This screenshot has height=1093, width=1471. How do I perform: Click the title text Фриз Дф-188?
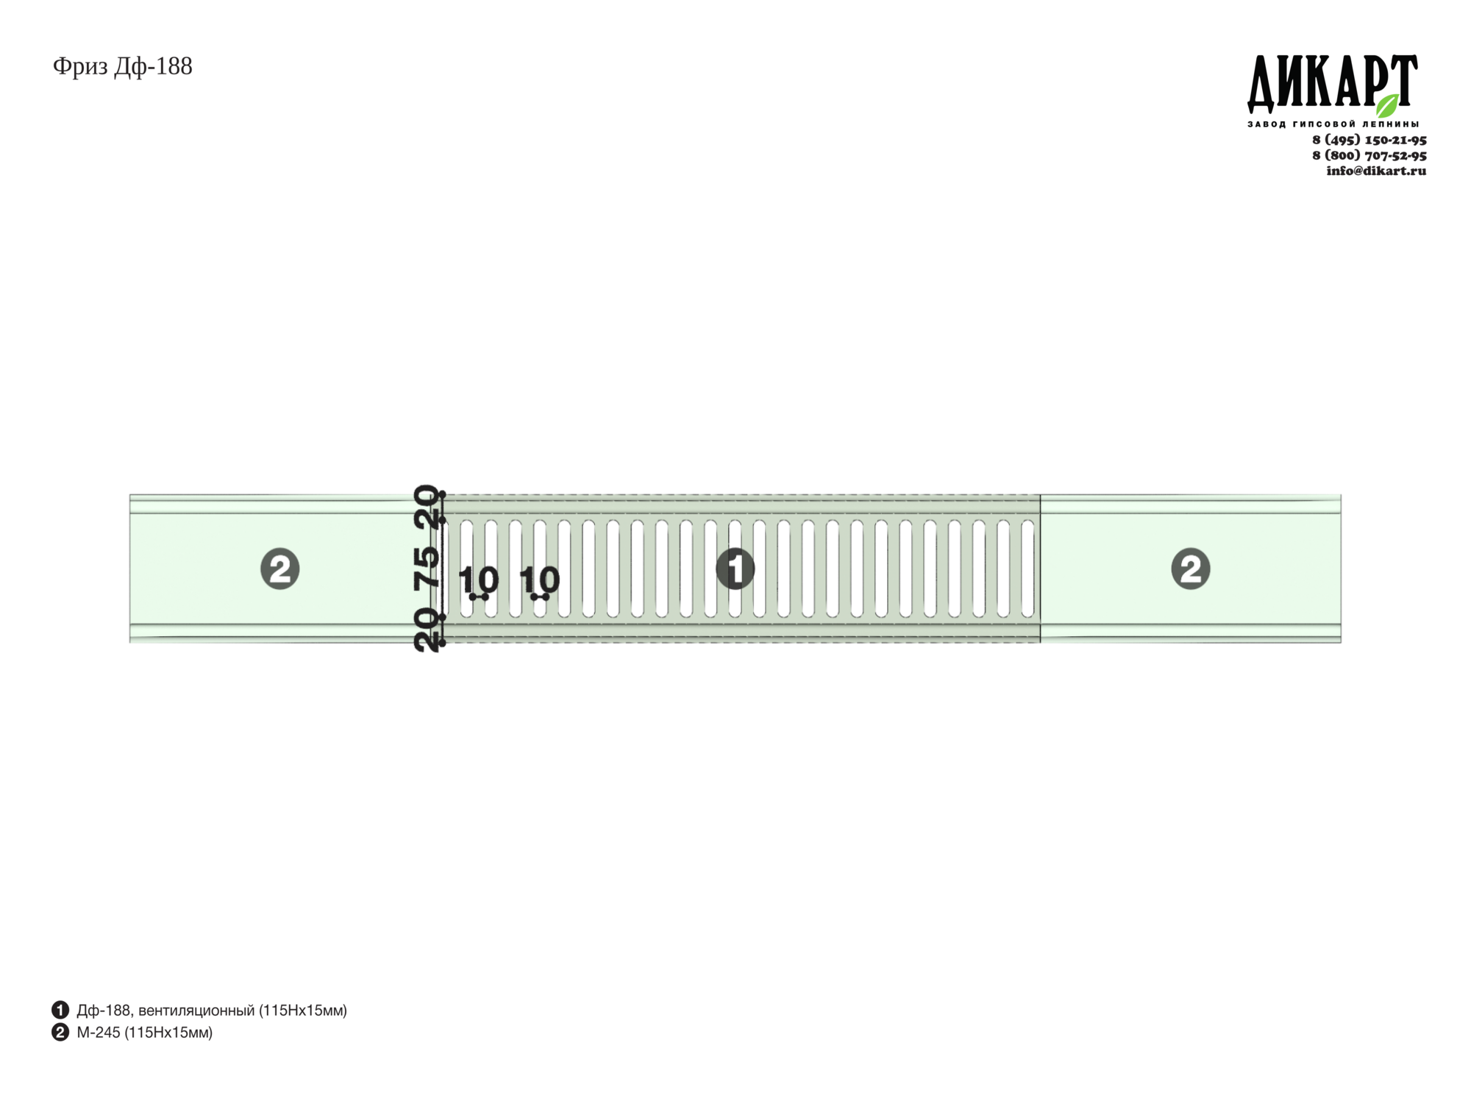pos(123,67)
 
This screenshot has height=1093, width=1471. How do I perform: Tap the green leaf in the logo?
pos(1388,105)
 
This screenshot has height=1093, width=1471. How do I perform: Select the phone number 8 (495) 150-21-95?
pos(1370,140)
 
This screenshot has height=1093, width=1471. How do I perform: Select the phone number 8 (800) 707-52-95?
pos(1370,155)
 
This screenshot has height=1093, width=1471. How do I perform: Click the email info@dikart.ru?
pos(1376,171)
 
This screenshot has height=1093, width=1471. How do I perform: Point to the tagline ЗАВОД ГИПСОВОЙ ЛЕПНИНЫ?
pos(1333,124)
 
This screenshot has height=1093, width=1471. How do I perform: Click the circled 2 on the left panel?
pos(280,569)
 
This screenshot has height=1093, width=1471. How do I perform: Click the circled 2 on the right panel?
pos(1191,569)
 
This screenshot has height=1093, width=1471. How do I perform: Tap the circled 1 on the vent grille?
pos(735,569)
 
